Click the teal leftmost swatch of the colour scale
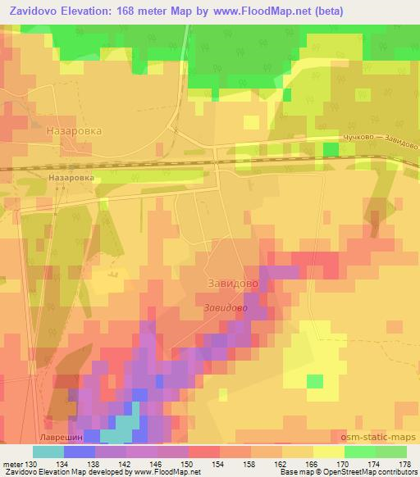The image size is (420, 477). (48, 452)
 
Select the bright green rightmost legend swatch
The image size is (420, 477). (390, 452)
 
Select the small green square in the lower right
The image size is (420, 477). (315, 381)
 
